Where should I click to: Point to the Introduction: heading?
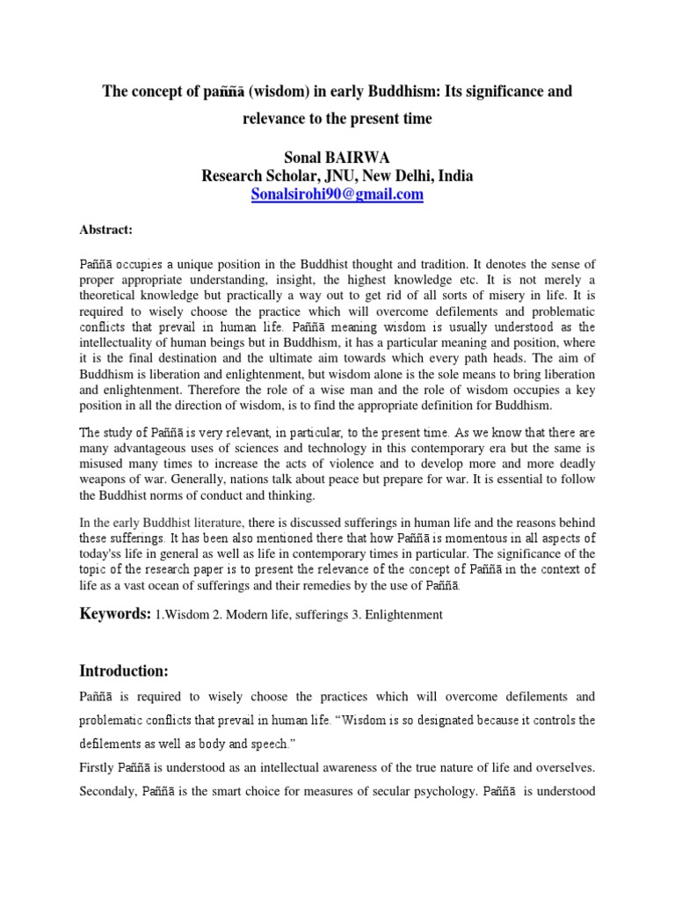(x=124, y=670)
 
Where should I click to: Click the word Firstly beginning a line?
(x=98, y=767)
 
